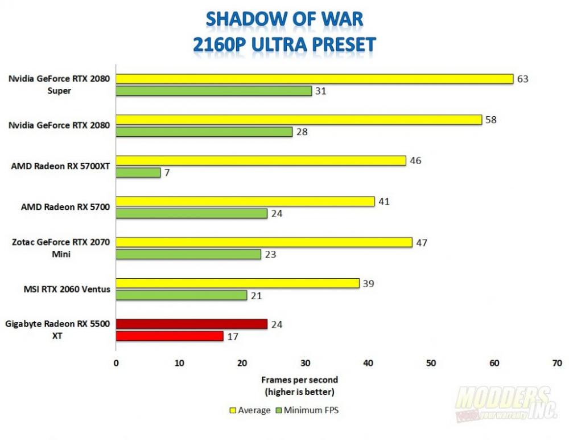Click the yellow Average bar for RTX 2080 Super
point(314,79)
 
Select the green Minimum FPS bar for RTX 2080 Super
point(213,91)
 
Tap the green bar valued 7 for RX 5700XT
point(138,173)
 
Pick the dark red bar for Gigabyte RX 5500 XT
point(191,324)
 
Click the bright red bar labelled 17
point(170,336)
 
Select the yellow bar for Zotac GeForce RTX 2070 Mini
point(264,242)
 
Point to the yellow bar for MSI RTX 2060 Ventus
point(238,283)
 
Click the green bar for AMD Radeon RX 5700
point(191,214)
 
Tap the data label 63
point(523,79)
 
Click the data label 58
point(491,120)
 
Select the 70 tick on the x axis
point(556,362)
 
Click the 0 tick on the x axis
point(116,362)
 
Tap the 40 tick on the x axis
point(368,362)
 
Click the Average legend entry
point(250,410)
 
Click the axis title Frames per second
point(299,380)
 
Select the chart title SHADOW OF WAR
point(284,19)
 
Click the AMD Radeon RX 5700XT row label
point(60,166)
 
